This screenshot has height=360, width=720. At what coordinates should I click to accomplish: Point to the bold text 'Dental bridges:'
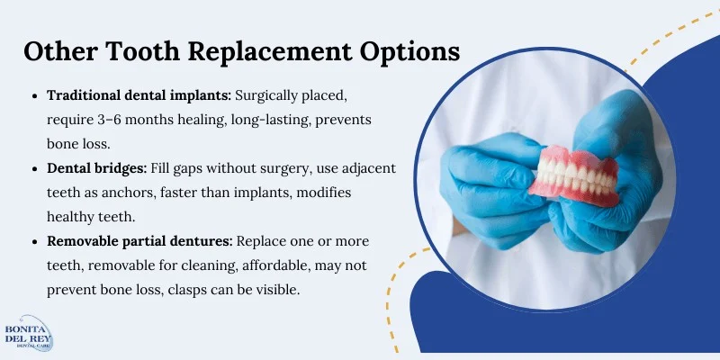pos(100,169)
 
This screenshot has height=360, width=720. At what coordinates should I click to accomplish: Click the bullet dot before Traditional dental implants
pos(34,95)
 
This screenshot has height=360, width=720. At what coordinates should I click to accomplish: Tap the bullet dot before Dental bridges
pos(34,169)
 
